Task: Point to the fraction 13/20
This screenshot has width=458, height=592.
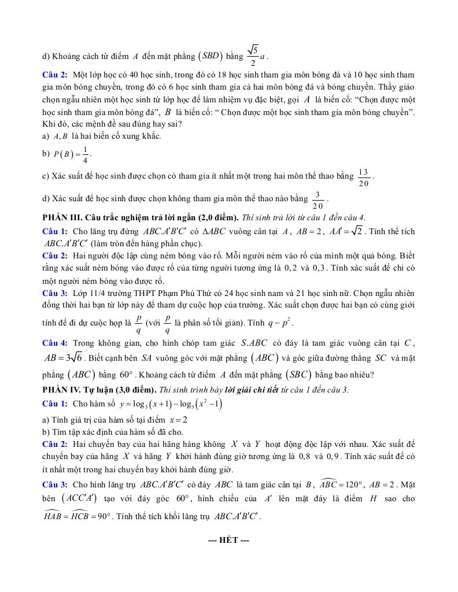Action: [x=363, y=177]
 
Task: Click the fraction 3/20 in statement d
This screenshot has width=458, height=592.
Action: [x=317, y=200]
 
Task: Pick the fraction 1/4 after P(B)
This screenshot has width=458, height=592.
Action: [x=84, y=154]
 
